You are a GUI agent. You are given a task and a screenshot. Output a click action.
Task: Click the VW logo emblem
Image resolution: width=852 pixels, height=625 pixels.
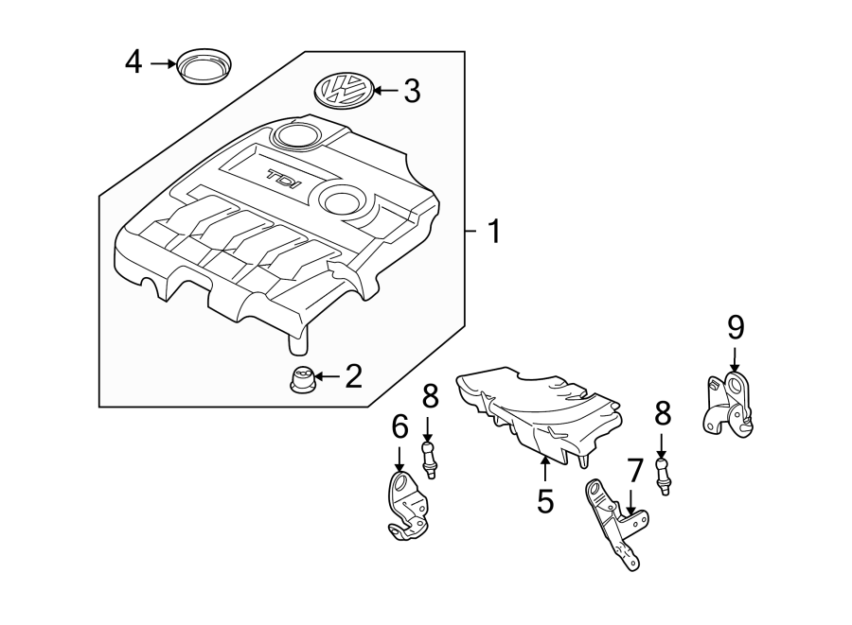pyautogui.click(x=341, y=92)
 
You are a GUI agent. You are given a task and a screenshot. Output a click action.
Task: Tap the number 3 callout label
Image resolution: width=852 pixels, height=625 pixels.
pyautogui.click(x=411, y=92)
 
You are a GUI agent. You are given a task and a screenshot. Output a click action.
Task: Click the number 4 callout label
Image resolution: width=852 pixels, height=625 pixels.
pyautogui.click(x=133, y=63)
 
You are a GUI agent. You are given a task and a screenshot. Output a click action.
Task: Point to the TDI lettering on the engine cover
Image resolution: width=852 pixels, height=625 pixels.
pyautogui.click(x=281, y=179)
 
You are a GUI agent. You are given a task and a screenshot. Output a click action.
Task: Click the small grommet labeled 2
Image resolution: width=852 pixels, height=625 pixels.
pyautogui.click(x=301, y=380)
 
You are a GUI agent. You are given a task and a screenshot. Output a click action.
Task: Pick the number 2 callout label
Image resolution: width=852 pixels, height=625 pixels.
pyautogui.click(x=352, y=377)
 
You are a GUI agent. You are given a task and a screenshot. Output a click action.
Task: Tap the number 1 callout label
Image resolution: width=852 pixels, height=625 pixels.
pyautogui.click(x=492, y=231)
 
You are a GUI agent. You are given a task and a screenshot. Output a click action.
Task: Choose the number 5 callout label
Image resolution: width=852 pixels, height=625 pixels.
pyautogui.click(x=544, y=501)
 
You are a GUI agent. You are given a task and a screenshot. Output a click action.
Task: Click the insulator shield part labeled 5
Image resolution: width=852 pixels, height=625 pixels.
pyautogui.click(x=540, y=411)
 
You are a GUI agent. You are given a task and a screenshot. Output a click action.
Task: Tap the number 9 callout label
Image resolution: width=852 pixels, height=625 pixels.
pyautogui.click(x=736, y=328)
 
